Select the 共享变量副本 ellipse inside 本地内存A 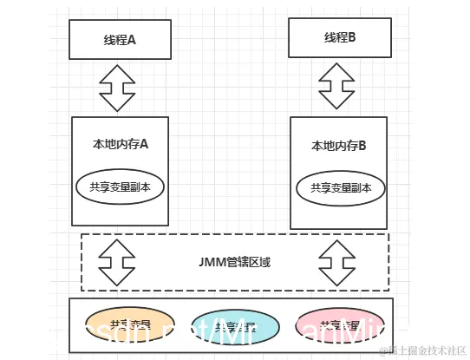[121, 187]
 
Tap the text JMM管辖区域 [236, 261]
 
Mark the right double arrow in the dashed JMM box [338, 262]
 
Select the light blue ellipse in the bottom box [234, 327]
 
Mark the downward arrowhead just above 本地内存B [338, 100]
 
